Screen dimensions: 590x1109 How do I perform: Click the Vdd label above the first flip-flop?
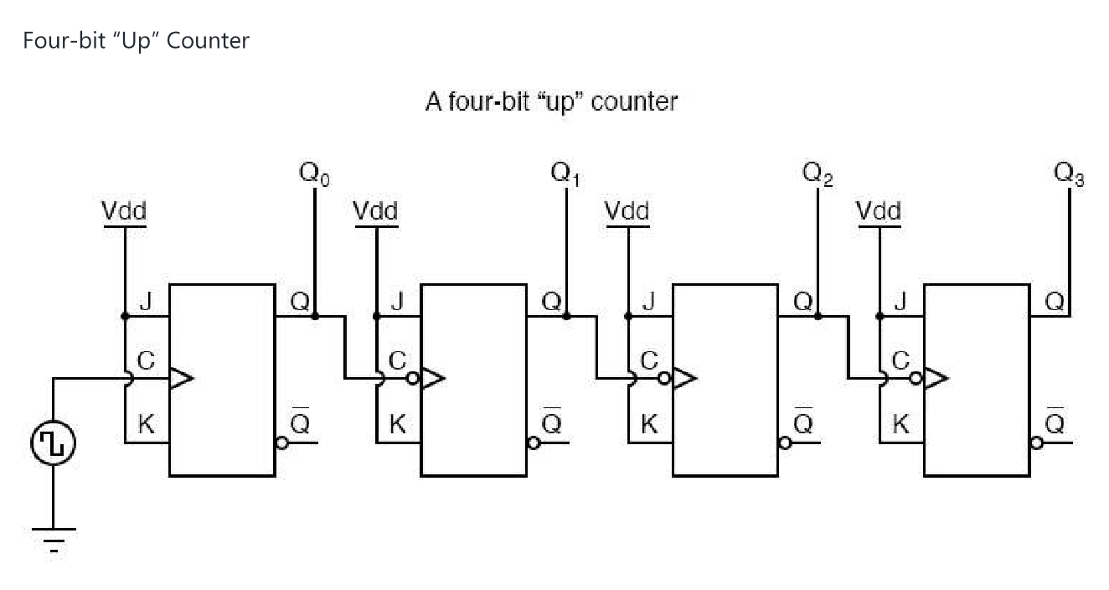(x=124, y=211)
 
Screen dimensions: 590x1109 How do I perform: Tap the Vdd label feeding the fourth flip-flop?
(x=879, y=211)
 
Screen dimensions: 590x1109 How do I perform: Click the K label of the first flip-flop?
(x=146, y=425)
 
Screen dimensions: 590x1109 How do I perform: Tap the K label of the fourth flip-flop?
(x=900, y=425)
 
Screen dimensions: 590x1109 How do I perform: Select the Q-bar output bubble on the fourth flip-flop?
(x=1037, y=442)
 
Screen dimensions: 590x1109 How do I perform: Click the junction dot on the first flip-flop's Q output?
(x=315, y=316)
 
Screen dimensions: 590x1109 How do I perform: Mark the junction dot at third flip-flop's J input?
(x=627, y=316)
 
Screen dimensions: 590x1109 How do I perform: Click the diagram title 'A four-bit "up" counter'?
(x=551, y=102)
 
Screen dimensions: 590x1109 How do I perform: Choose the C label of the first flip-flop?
(x=146, y=362)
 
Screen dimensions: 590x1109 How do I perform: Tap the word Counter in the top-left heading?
(x=208, y=40)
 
